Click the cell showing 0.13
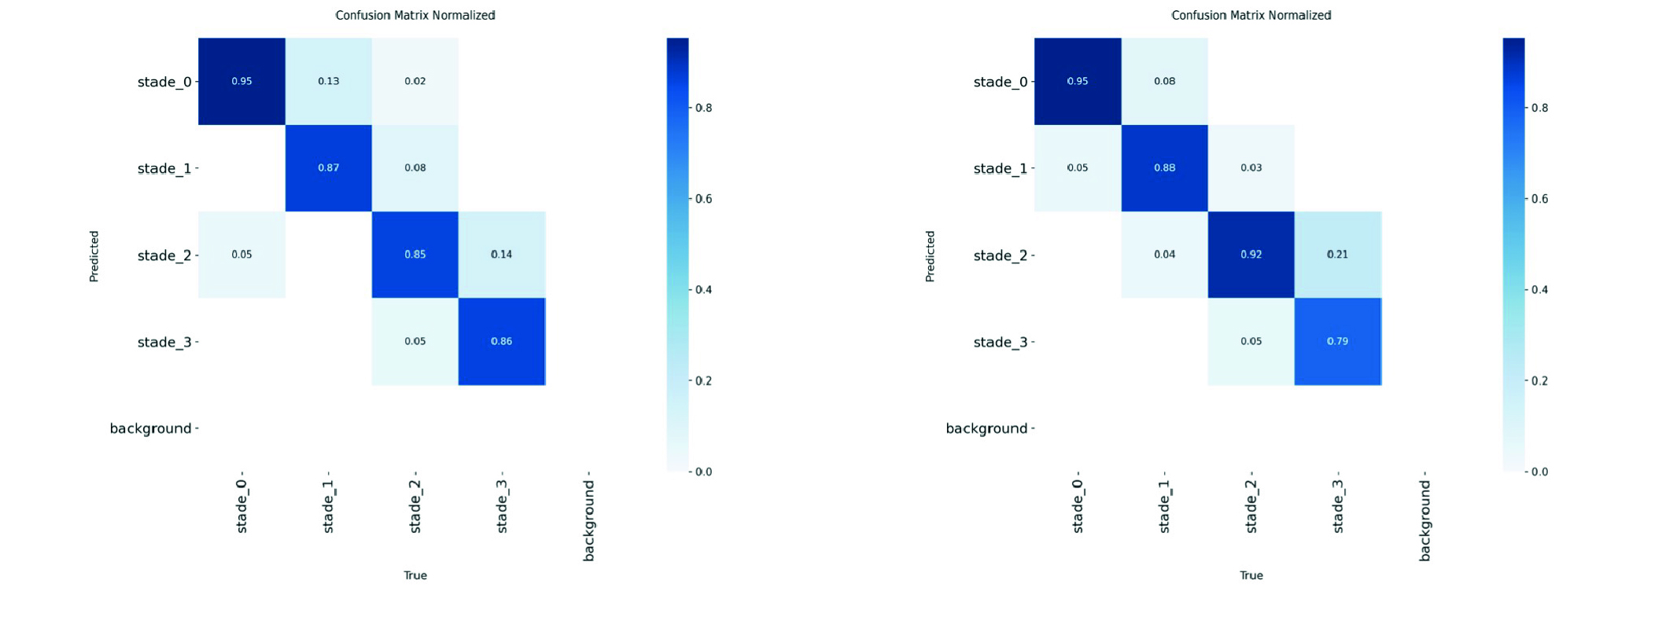coord(328,81)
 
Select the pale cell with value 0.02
coord(415,81)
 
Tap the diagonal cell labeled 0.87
coord(328,167)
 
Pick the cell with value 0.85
coord(415,255)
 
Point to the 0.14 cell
coord(501,255)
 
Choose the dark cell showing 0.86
coord(501,341)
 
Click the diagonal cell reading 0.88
coord(1164,167)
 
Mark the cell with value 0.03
coord(1251,167)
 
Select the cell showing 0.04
coord(1164,255)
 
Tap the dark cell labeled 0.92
coord(1251,255)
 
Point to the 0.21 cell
coord(1337,255)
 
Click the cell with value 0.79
coord(1337,341)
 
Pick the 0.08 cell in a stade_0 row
coord(1164,81)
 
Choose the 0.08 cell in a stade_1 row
coord(415,167)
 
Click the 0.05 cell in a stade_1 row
coord(1078,167)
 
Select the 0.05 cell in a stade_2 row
coord(241,255)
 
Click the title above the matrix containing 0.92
coord(1251,15)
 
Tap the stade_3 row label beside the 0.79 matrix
coord(1000,342)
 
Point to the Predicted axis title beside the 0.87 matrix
coord(94,256)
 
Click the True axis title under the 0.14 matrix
coord(415,575)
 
